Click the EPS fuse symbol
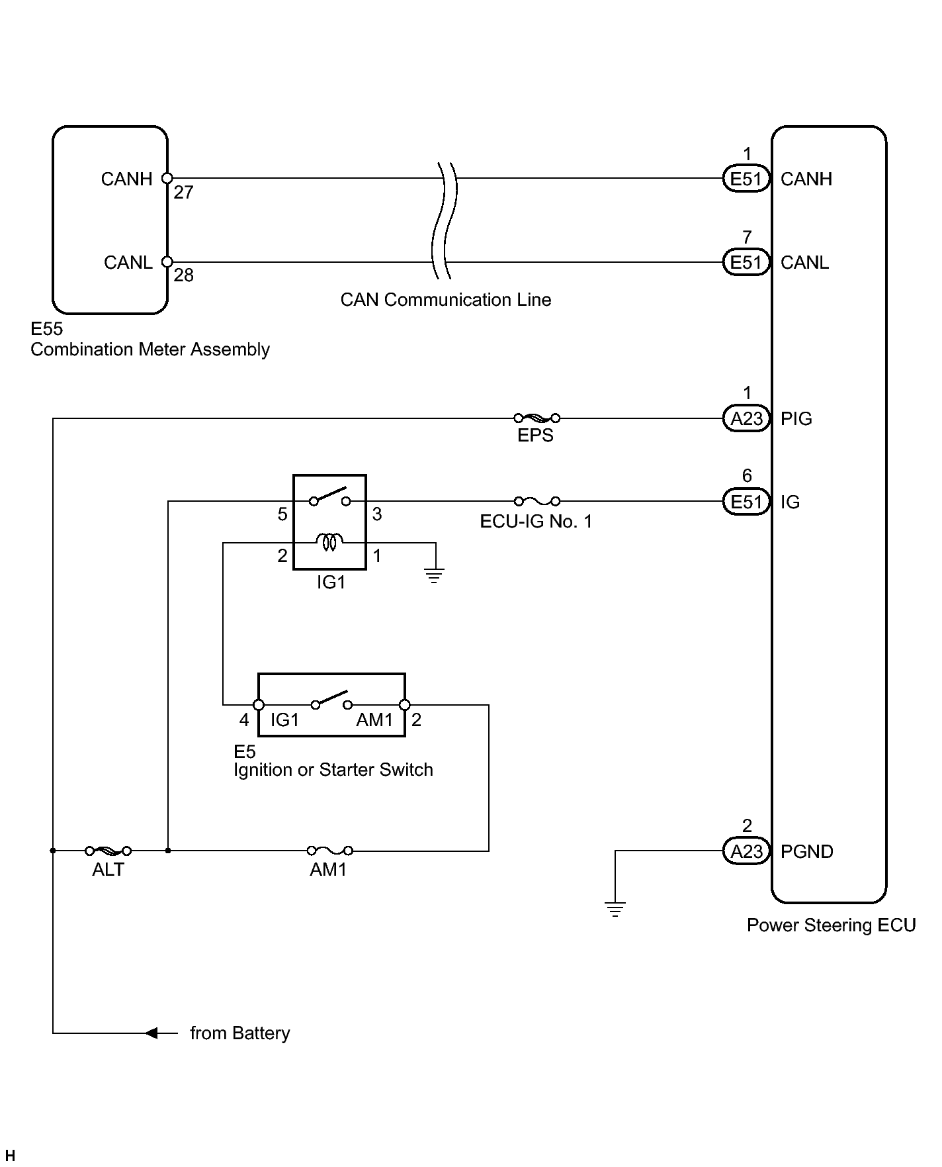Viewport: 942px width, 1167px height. pos(536,418)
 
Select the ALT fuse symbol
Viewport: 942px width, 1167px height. pos(108,850)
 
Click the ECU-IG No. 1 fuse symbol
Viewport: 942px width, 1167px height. pos(536,501)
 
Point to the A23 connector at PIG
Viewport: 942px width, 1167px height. pos(747,418)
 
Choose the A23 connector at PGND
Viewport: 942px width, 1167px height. pos(747,851)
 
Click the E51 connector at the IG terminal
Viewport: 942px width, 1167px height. pos(747,502)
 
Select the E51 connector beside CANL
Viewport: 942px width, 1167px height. pos(747,262)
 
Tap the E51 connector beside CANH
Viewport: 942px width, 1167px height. pos(747,179)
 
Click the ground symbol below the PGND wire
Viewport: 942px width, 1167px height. pos(615,909)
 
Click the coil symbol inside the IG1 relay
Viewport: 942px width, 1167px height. pos(330,543)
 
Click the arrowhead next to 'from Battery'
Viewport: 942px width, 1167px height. pos(151,1033)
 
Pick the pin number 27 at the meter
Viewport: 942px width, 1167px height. pos(183,193)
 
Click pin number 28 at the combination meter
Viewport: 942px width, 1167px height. pos(183,275)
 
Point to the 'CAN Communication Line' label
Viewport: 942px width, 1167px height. pos(446,300)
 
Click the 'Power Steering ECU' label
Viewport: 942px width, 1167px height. pos(831,925)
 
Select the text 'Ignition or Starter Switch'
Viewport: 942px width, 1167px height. pos(333,770)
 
